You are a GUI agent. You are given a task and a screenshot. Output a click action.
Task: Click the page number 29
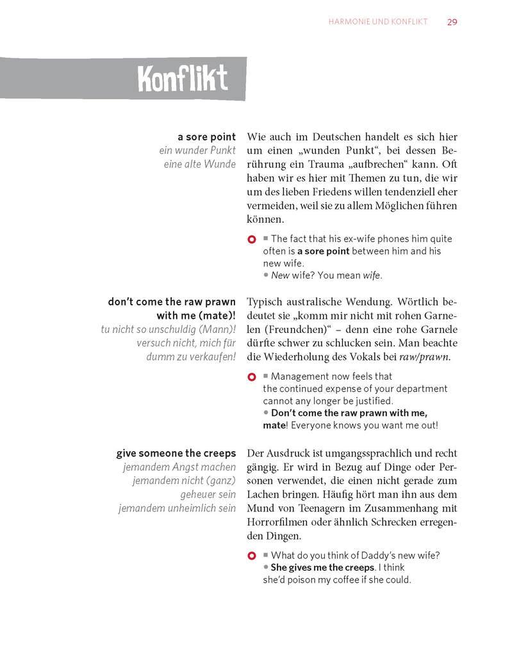(452, 22)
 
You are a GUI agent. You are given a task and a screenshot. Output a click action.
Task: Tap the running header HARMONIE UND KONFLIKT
(377, 22)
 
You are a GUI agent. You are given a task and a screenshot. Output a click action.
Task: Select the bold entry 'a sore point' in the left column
(206, 137)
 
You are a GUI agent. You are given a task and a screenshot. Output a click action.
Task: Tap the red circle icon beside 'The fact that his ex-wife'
(252, 240)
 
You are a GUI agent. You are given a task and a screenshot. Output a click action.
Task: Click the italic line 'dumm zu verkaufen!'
(191, 357)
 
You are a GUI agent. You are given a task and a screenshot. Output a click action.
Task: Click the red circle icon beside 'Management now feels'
(252, 377)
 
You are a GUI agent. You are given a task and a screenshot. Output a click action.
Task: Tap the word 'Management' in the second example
(298, 376)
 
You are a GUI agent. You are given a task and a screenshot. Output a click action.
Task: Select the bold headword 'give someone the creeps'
(176, 453)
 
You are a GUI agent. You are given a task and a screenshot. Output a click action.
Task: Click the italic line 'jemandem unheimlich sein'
(177, 508)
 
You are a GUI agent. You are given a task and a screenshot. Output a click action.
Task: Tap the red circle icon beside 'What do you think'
(252, 556)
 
